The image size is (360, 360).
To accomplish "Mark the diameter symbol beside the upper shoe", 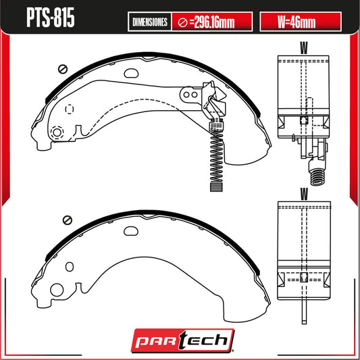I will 61,69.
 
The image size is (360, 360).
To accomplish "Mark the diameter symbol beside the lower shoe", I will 66,219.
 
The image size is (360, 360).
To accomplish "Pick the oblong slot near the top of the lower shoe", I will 130,230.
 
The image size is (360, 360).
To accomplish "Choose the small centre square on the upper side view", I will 304,121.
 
